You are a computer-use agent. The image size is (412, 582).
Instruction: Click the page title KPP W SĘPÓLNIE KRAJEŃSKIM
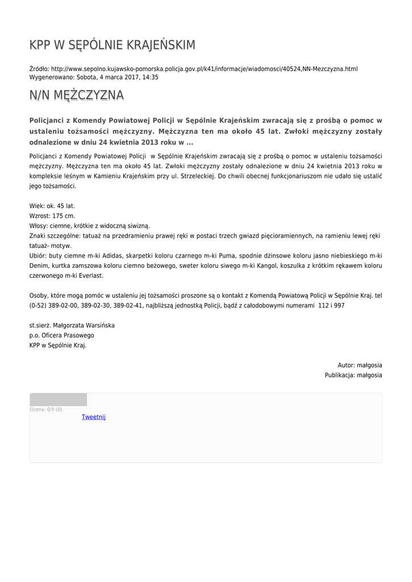(112, 45)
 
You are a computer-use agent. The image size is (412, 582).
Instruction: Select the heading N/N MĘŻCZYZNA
(76, 95)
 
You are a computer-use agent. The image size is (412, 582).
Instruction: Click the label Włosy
(38, 226)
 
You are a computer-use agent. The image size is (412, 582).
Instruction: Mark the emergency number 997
(339, 305)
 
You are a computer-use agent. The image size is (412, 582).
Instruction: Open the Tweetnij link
(93, 417)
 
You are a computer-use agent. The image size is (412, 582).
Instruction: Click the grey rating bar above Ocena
(58, 400)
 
